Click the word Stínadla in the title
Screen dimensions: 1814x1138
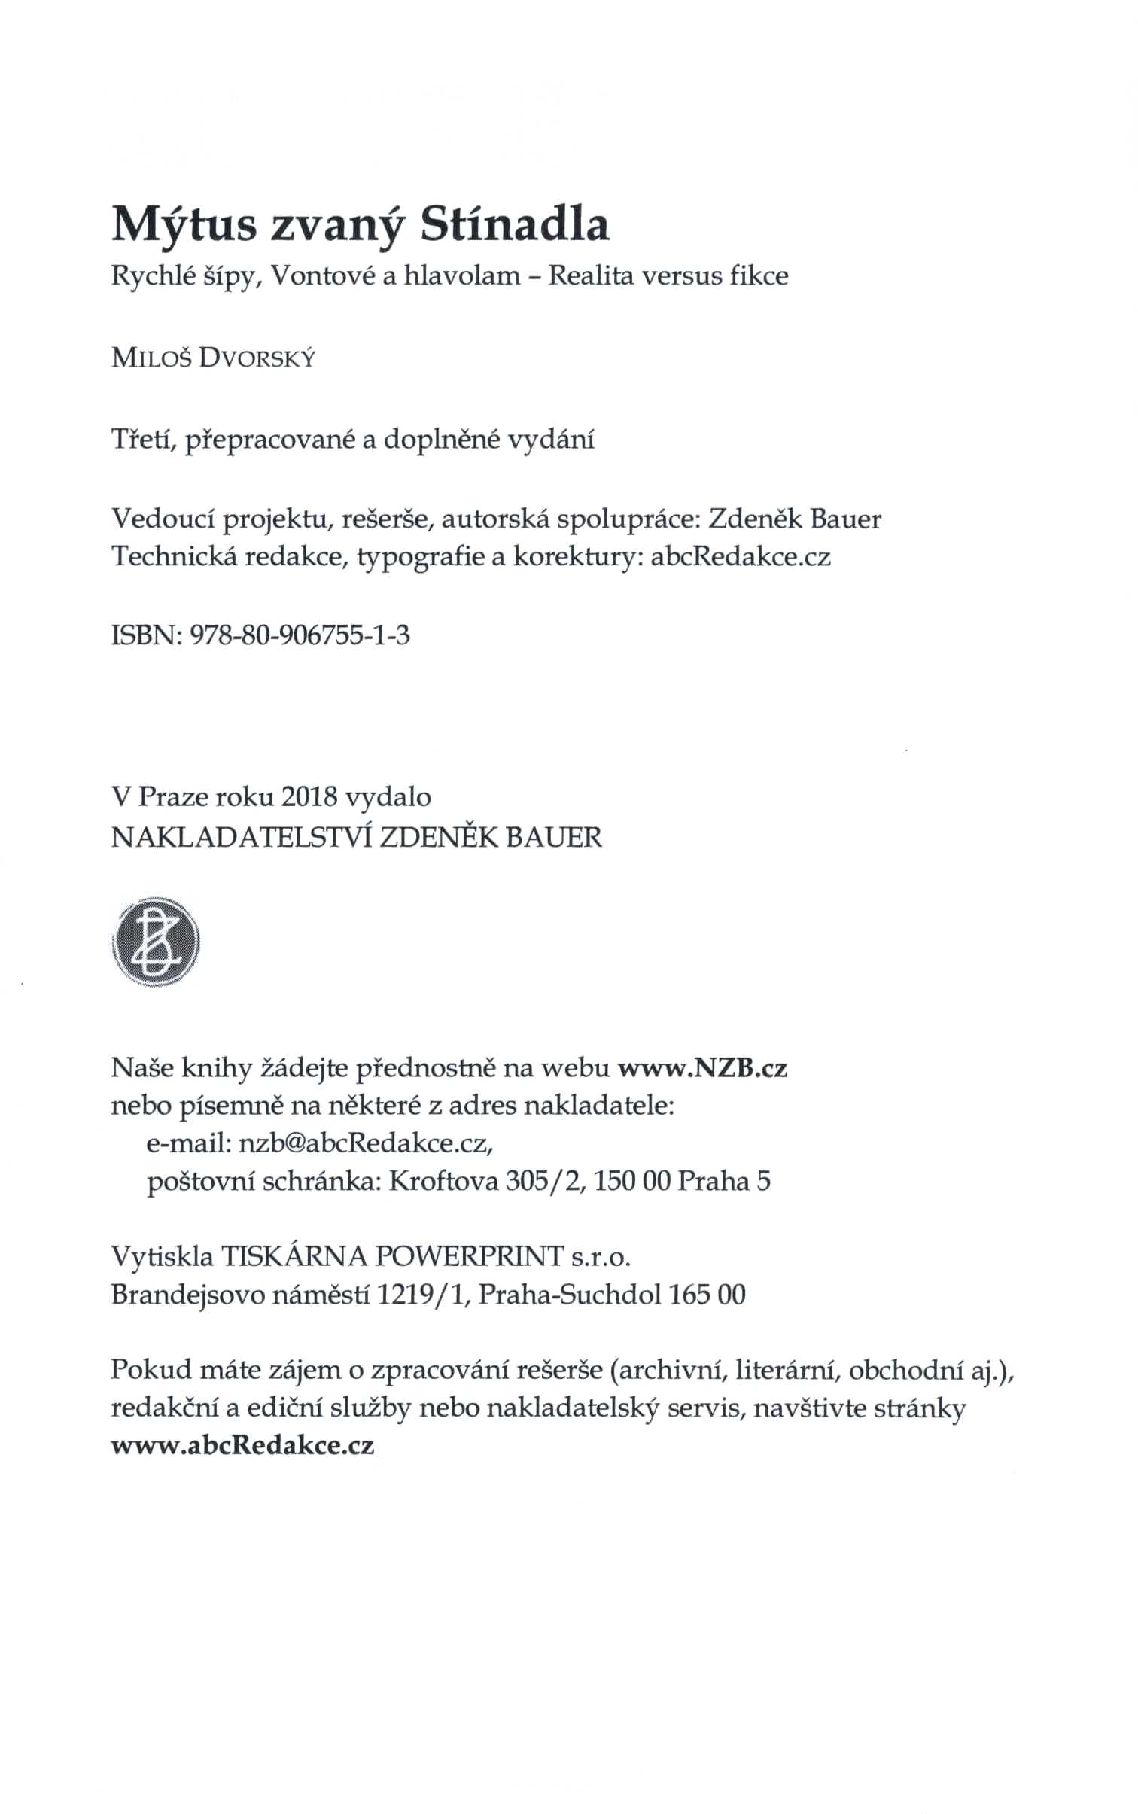pos(514,225)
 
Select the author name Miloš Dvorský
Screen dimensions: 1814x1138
pos(214,359)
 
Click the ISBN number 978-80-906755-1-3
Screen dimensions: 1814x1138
pos(301,637)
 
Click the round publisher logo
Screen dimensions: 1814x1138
pos(155,942)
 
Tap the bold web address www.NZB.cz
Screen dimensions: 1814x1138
pos(703,1068)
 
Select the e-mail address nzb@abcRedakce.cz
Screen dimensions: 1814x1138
pos(365,1143)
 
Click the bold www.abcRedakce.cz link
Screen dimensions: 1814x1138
pos(242,1446)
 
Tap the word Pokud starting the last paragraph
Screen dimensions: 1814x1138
pos(151,1369)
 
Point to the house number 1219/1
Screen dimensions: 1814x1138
pos(424,1295)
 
